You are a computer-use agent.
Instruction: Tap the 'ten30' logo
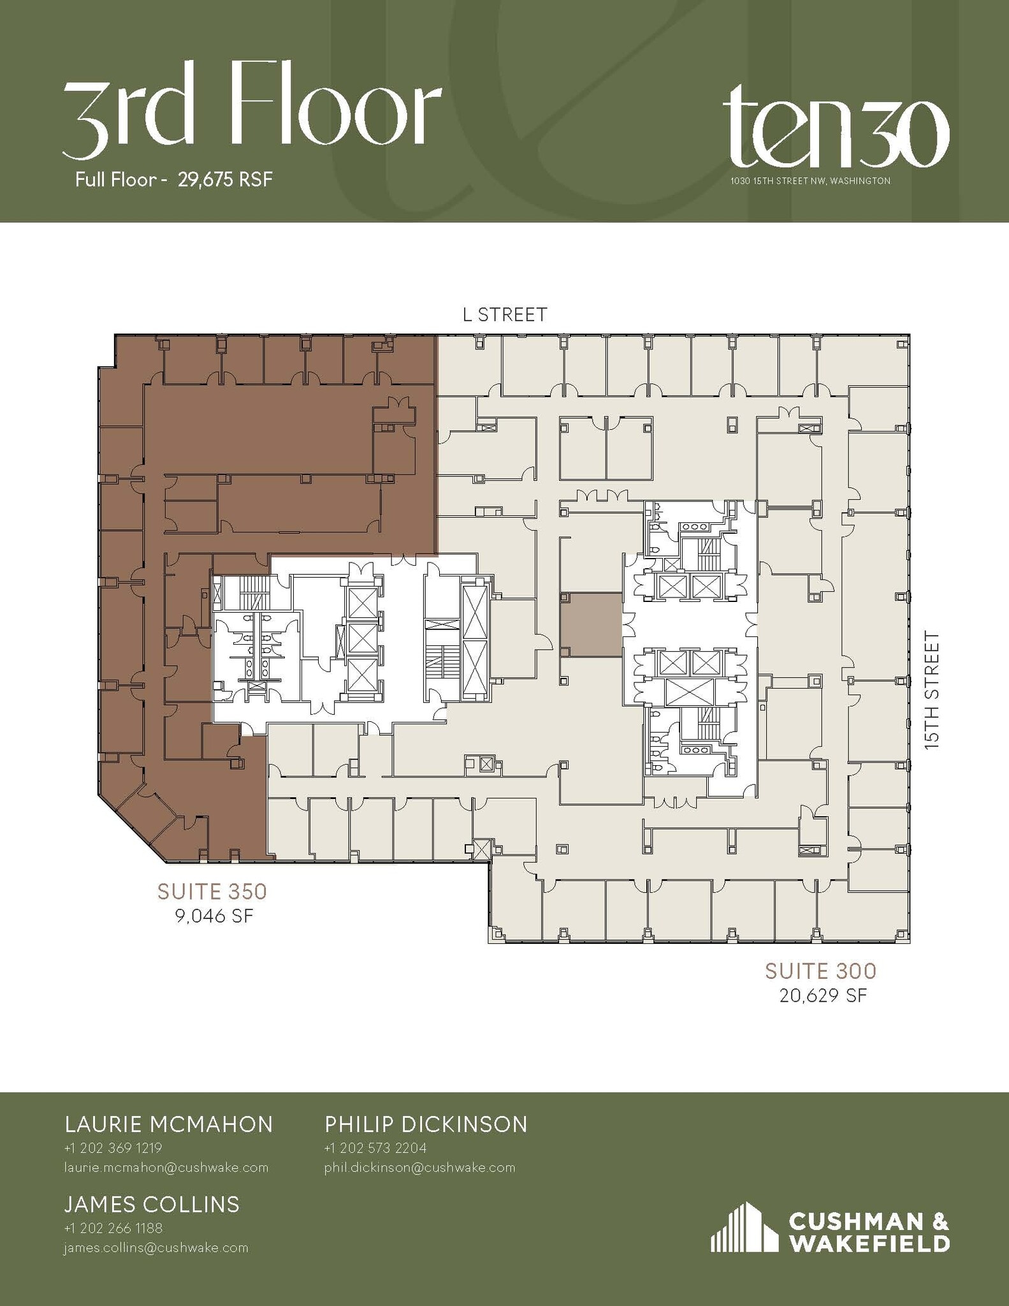(x=835, y=128)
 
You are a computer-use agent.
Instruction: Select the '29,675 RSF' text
(x=225, y=180)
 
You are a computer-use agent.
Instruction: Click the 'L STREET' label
(x=504, y=314)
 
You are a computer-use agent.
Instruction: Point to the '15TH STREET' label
(x=932, y=689)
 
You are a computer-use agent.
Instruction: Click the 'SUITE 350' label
(x=212, y=891)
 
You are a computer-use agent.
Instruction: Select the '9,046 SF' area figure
(x=214, y=916)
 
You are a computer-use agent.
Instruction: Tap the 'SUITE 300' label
(x=821, y=971)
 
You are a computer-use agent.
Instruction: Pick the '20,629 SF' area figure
(x=823, y=995)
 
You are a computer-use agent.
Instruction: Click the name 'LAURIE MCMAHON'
(x=169, y=1124)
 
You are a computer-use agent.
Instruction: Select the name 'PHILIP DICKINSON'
(x=426, y=1124)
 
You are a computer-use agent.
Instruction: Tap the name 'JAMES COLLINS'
(x=152, y=1204)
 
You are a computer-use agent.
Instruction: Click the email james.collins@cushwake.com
(x=156, y=1247)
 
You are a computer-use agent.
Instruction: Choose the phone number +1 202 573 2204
(x=375, y=1148)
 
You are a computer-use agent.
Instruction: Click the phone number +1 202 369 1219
(x=113, y=1148)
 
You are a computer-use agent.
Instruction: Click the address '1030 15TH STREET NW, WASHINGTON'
(x=810, y=181)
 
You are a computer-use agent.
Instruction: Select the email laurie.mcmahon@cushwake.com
(x=166, y=1167)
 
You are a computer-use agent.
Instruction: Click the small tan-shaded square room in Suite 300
(x=591, y=624)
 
